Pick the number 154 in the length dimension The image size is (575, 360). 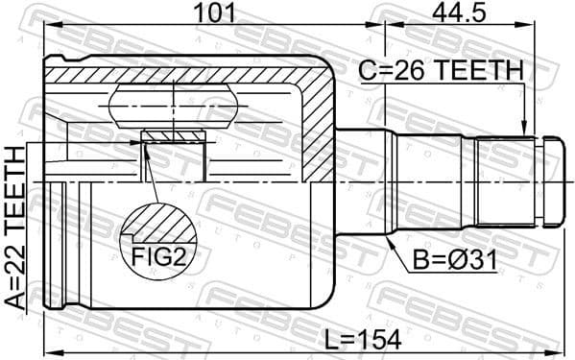pos(378,338)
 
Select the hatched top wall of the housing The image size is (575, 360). pos(182,72)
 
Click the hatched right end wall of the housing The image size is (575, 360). pos(319,125)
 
